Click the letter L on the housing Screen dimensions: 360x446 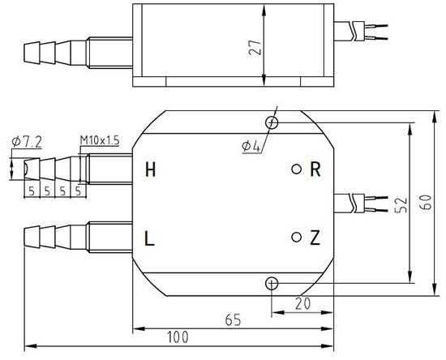(x=149, y=238)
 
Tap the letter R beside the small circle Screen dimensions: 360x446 (x=316, y=169)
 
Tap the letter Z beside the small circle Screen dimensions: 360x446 (x=316, y=238)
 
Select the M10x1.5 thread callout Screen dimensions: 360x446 (x=100, y=140)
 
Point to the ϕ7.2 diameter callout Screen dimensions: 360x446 (x=27, y=142)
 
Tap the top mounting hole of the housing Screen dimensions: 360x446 (x=272, y=122)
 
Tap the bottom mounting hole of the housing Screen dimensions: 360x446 (x=272, y=282)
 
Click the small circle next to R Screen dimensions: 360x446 (x=298, y=169)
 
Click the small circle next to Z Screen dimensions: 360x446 (x=298, y=238)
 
